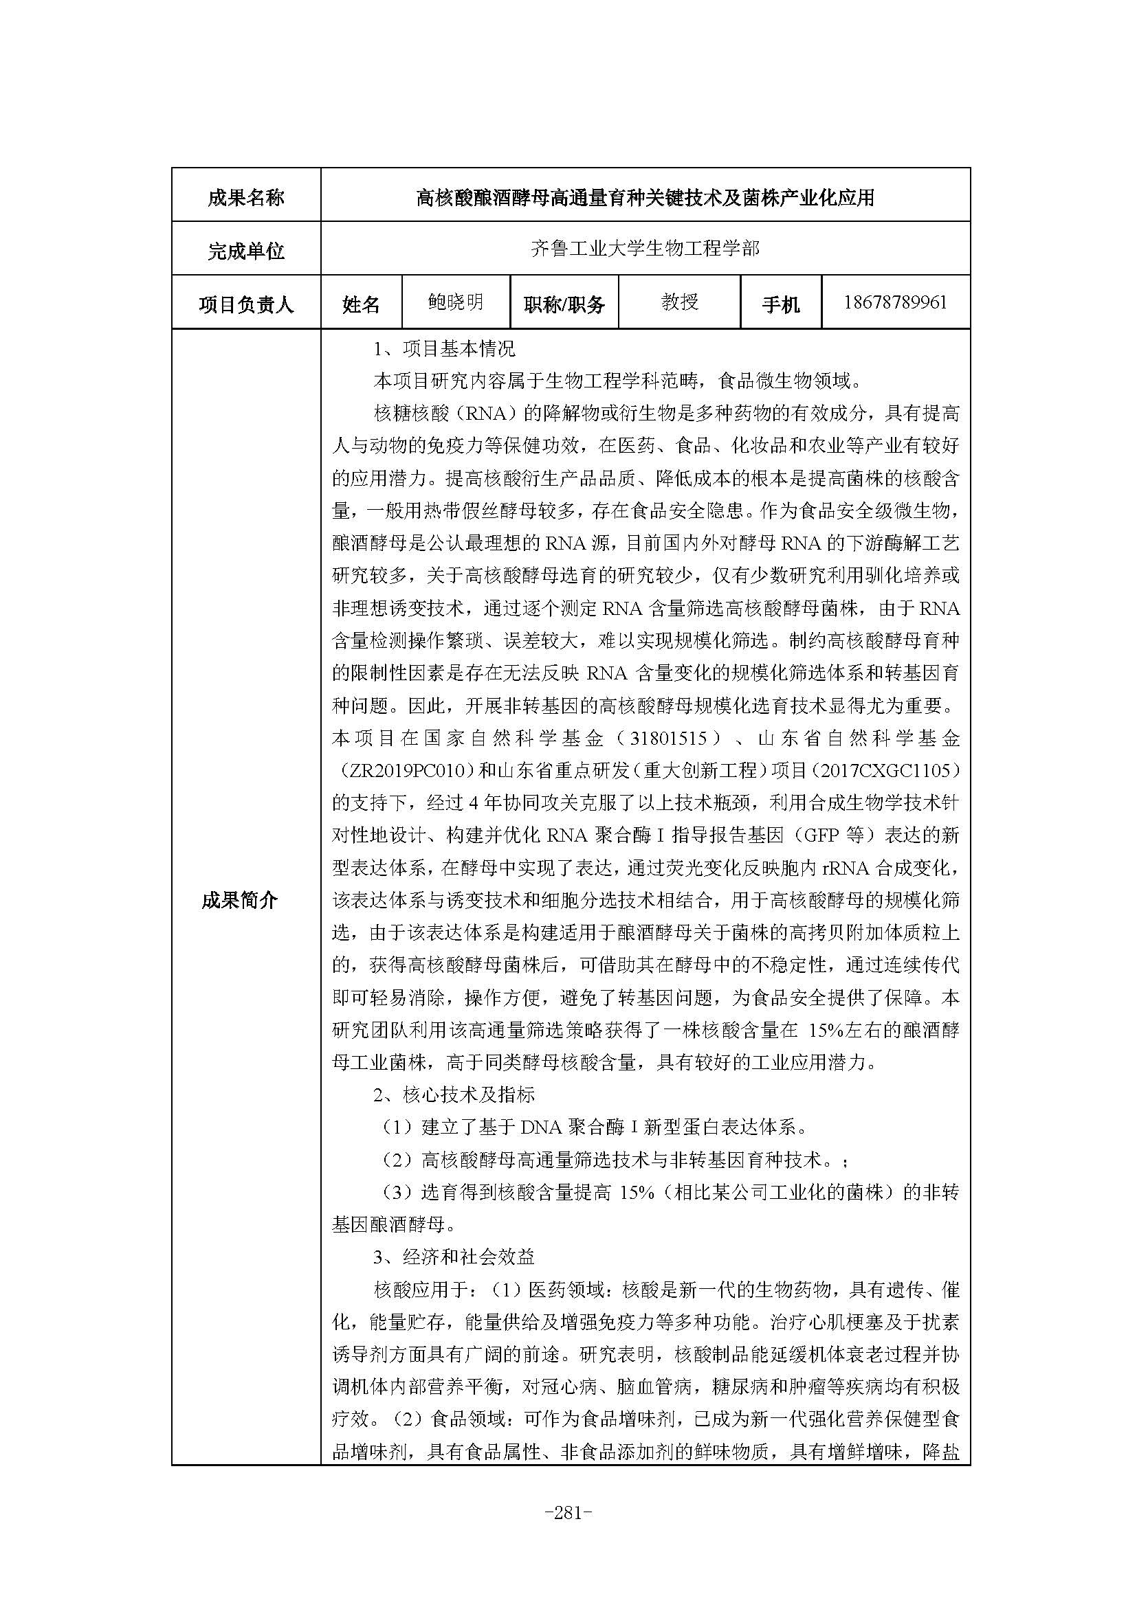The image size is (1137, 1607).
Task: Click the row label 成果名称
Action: tap(245, 197)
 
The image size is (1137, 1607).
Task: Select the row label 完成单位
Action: tap(245, 251)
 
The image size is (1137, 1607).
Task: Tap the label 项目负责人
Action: tap(245, 304)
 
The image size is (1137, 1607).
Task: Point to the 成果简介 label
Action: tap(239, 900)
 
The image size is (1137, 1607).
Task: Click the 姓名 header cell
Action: tap(361, 304)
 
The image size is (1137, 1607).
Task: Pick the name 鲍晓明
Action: tap(456, 302)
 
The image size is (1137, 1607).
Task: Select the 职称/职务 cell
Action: tap(564, 304)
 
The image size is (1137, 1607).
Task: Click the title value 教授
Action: tap(679, 302)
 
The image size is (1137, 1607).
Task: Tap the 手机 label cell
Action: tap(780, 304)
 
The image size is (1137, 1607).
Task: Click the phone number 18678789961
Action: tap(895, 302)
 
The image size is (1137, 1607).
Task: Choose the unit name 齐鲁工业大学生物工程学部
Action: tap(645, 249)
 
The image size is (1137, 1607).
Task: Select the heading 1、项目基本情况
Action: tap(445, 348)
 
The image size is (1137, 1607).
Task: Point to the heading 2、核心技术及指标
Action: tap(454, 1094)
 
